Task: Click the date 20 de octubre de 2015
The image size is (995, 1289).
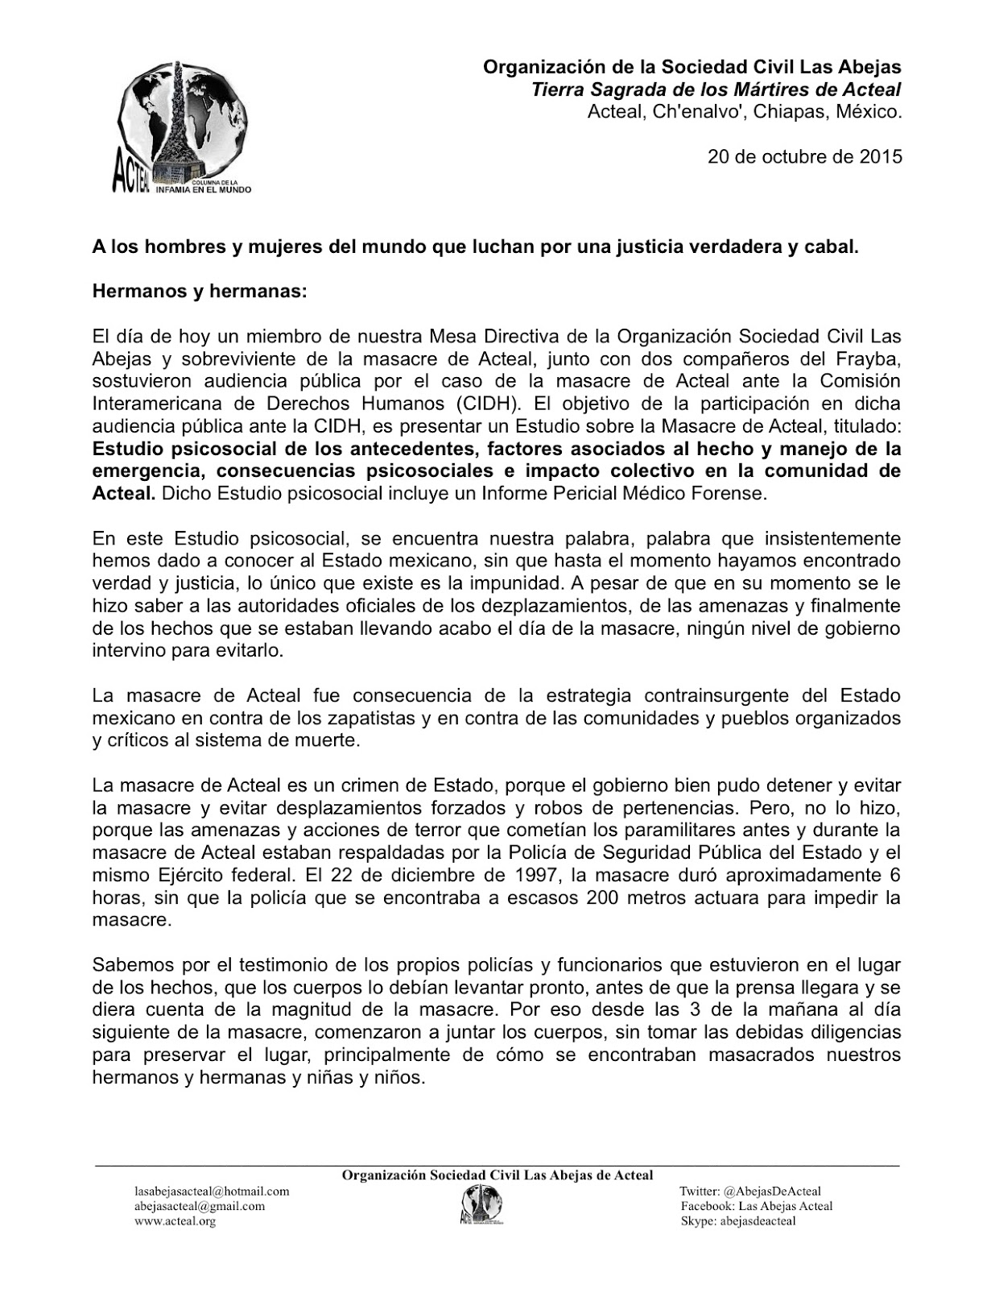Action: [804, 156]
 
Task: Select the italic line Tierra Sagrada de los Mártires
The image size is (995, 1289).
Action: [716, 89]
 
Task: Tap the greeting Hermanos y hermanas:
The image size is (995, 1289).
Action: [200, 292]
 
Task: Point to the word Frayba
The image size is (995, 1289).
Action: [866, 358]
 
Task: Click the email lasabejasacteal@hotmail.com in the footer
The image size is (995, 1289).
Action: [212, 1191]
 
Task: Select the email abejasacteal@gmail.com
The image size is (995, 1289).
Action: [200, 1206]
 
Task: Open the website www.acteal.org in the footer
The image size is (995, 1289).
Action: [175, 1221]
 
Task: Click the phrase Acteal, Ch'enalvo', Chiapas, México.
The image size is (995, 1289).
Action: [745, 112]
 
